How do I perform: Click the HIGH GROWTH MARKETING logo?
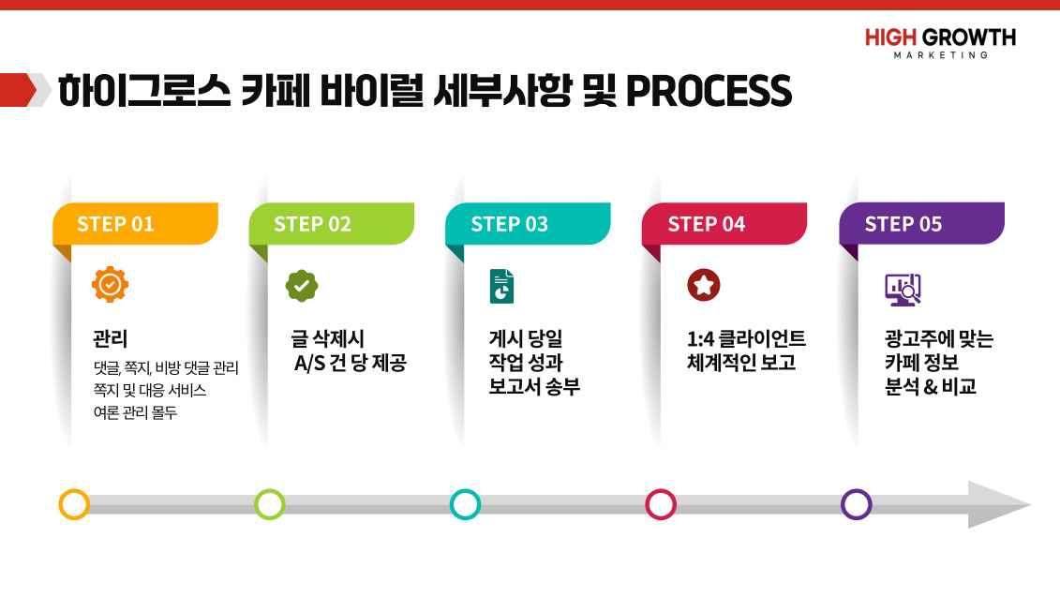click(x=940, y=43)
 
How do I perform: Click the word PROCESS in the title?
click(x=709, y=91)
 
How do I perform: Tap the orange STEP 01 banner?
click(x=135, y=224)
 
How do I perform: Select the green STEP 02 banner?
click(x=332, y=224)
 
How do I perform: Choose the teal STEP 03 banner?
click(x=528, y=224)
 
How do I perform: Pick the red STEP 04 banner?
click(x=724, y=224)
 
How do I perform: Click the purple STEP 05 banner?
click(x=922, y=224)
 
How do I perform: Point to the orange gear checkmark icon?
click(x=111, y=285)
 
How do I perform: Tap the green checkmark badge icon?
click(x=302, y=286)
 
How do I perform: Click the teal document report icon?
click(x=501, y=286)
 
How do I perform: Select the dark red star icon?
click(x=704, y=285)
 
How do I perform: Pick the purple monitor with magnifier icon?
click(x=903, y=290)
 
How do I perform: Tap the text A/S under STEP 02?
click(x=309, y=364)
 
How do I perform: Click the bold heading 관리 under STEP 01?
click(x=111, y=338)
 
